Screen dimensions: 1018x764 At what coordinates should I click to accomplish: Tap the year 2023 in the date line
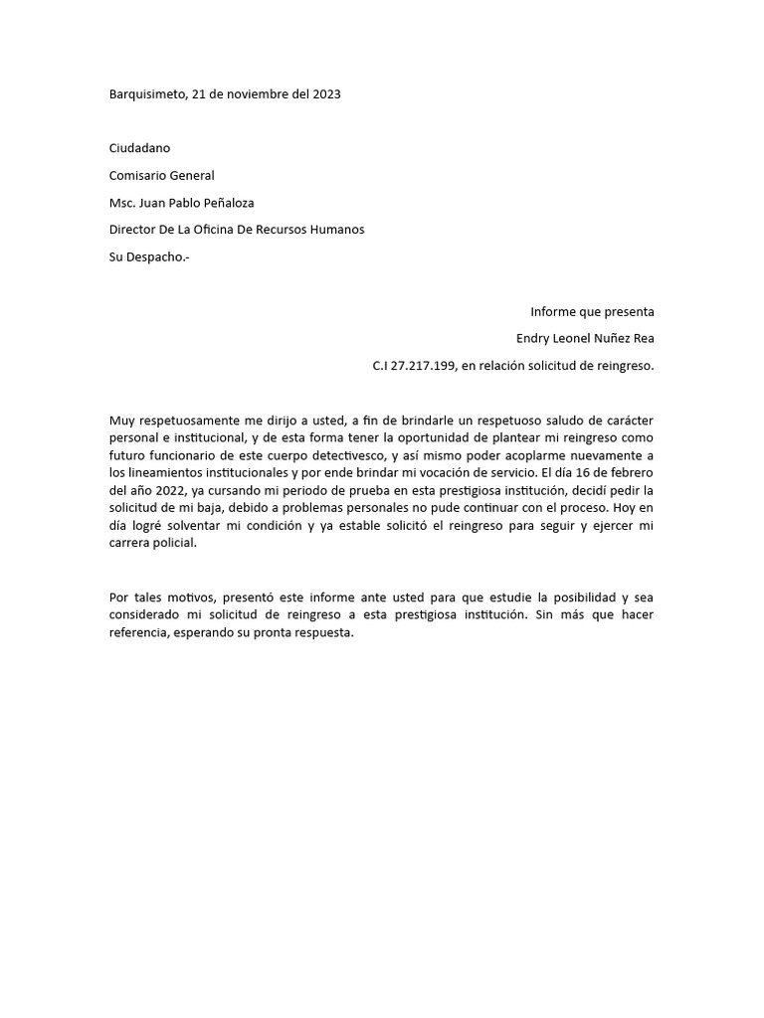(x=326, y=94)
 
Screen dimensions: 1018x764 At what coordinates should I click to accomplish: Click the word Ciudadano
(x=139, y=148)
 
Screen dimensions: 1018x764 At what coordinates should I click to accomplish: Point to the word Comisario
(x=137, y=176)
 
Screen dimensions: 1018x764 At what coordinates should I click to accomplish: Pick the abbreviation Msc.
(x=121, y=203)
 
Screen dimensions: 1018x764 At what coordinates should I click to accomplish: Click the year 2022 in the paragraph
(x=172, y=491)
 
